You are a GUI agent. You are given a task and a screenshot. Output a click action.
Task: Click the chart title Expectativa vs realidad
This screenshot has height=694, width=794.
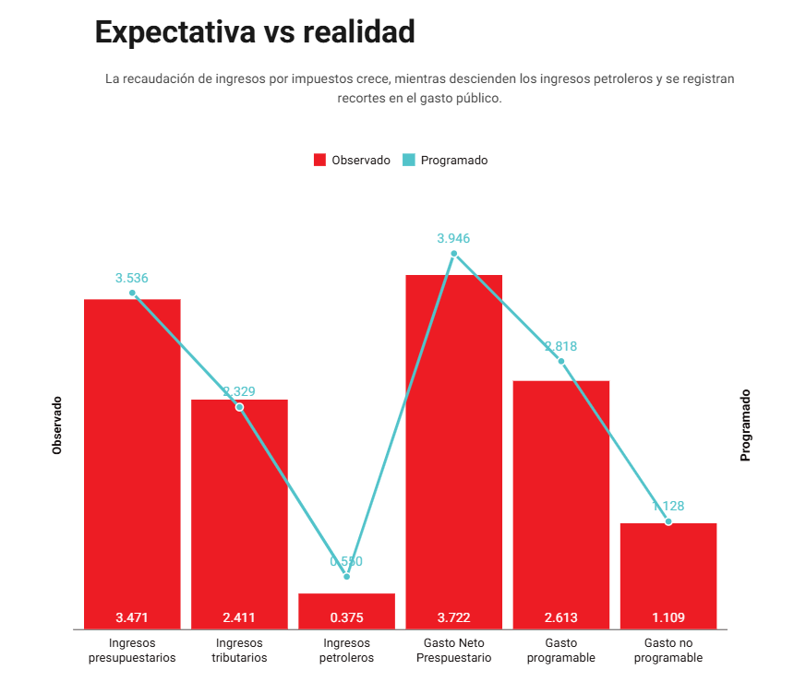[255, 32]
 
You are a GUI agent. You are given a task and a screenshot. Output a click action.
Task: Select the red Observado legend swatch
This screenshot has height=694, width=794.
[319, 160]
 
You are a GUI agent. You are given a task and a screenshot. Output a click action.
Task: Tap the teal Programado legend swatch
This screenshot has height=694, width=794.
[409, 160]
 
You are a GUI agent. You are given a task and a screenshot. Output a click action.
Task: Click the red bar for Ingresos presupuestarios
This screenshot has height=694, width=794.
[132, 461]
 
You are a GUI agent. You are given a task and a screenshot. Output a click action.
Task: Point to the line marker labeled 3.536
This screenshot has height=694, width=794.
[132, 293]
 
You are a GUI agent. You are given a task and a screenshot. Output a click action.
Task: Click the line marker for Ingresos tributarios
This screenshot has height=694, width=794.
[239, 407]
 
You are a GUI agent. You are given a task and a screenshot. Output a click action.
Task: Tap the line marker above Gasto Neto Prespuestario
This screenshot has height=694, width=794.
[453, 254]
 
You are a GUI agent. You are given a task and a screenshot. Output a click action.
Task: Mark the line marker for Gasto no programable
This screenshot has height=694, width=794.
[668, 521]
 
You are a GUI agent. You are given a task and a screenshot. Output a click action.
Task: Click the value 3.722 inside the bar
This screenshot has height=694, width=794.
[453, 617]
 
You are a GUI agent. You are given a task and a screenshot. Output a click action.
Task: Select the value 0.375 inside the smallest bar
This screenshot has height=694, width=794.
[346, 617]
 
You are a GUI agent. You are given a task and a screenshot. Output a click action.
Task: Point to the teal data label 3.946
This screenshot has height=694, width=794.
[453, 238]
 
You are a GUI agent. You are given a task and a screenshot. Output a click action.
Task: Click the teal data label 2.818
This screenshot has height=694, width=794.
[560, 347]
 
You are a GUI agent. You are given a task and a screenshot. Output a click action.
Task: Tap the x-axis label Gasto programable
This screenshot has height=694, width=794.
[560, 651]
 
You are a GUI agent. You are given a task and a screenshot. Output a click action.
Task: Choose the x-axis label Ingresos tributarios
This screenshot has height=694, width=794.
[239, 651]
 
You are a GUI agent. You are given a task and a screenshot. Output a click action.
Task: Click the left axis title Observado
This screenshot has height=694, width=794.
[57, 425]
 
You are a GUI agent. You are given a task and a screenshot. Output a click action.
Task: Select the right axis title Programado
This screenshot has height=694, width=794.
[745, 425]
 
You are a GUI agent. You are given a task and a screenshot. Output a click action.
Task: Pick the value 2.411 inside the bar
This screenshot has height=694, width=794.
[239, 617]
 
